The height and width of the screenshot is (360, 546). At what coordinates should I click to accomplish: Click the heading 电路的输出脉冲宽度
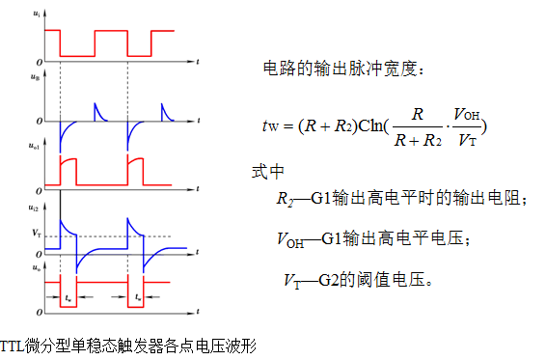click(x=343, y=69)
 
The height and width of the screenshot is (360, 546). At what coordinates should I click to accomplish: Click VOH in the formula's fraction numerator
click(x=465, y=114)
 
